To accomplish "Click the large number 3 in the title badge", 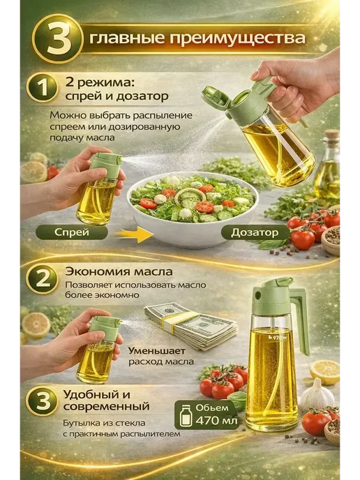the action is [57, 39].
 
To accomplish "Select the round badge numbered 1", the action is [43, 87].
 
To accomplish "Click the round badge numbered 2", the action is [43, 279].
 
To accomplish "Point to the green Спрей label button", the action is [72, 232].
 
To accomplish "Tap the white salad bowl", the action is [193, 210].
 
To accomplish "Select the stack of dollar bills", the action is [191, 325].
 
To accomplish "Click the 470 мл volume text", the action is [217, 420].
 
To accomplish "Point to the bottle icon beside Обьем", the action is [186, 415].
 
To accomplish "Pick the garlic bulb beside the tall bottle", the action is [317, 396].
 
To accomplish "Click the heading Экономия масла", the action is [119, 272].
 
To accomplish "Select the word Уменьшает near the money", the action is [157, 350].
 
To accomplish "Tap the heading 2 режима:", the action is [100, 82].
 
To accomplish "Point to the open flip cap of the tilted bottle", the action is [215, 96].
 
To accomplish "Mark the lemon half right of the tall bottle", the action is [325, 372].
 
